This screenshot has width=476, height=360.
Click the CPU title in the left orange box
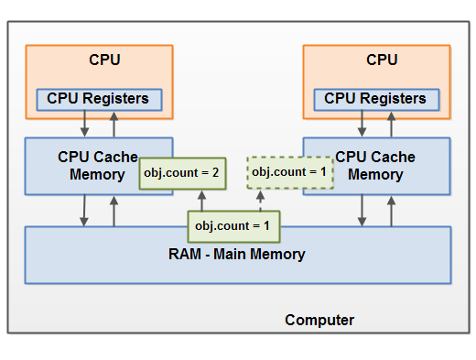[103, 60]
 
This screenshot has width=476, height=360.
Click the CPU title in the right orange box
[382, 60]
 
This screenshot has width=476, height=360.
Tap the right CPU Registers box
[375, 98]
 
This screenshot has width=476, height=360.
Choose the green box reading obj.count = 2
[180, 172]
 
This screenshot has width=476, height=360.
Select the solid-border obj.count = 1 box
[233, 224]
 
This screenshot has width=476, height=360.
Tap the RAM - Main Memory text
[238, 254]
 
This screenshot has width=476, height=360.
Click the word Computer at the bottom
[319, 320]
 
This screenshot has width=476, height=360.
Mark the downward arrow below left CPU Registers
[84, 123]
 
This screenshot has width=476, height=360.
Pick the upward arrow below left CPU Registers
[114, 123]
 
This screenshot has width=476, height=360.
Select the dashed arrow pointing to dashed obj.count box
[261, 201]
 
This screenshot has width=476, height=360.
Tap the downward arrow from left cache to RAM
[84, 211]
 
